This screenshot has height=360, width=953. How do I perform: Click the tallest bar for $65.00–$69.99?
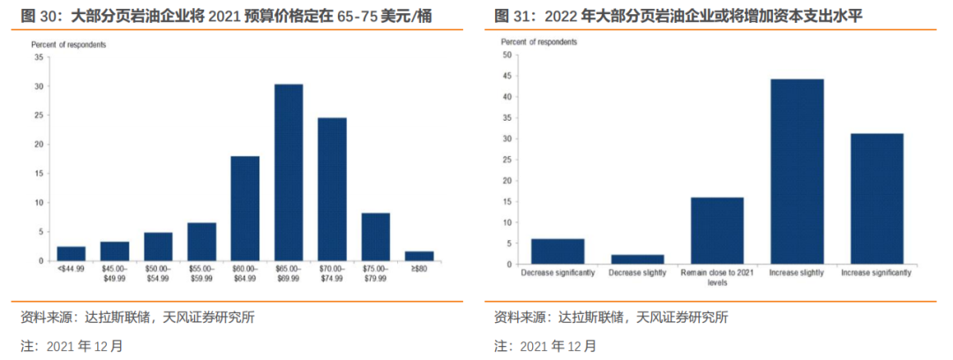point(289,172)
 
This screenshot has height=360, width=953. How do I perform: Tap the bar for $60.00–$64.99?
point(245,208)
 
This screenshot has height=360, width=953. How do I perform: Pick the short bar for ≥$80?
point(419,256)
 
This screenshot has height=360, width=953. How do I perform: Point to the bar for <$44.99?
point(71,253)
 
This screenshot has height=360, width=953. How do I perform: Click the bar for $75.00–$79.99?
point(376,236)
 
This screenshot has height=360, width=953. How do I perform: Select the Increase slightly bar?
point(797,171)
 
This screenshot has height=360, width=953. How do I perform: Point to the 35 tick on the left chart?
point(39,57)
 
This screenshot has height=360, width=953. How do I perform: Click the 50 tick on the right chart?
point(507,55)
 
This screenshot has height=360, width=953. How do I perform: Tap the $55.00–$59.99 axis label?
point(201,274)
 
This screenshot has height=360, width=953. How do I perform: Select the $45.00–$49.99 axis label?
point(115,274)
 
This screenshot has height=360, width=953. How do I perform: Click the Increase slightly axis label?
point(797,273)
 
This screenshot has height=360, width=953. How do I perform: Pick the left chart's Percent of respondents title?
point(69,44)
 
